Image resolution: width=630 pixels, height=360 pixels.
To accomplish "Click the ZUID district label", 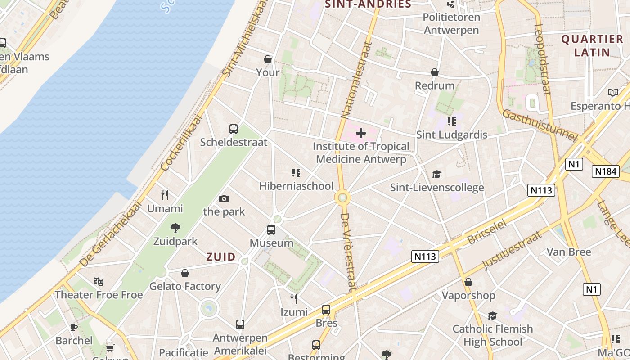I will click(220, 257).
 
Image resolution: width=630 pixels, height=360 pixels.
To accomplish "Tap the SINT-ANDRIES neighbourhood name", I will click(368, 4).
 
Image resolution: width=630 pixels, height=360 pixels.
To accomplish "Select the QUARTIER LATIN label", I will click(592, 45).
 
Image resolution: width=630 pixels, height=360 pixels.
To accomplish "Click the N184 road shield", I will click(606, 171).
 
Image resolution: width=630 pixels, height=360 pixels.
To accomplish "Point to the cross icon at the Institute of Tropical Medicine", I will click(361, 133).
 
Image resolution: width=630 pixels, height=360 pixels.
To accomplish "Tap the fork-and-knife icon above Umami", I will click(165, 195).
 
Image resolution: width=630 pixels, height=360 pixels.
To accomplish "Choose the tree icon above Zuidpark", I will click(175, 228).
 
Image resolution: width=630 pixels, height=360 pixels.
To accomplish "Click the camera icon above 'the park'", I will click(224, 198).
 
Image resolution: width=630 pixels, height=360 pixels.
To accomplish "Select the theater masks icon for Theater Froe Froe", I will click(99, 282).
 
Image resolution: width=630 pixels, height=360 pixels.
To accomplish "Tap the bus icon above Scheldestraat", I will click(234, 129).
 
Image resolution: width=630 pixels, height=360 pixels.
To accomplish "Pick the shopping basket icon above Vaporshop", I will click(468, 282).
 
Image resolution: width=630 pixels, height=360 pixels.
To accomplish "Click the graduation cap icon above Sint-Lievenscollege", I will click(436, 175).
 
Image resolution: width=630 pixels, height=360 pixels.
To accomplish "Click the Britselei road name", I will click(487, 232).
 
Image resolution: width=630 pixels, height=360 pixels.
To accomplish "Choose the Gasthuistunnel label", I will click(539, 125).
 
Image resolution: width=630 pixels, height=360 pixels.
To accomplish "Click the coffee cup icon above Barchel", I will click(74, 327).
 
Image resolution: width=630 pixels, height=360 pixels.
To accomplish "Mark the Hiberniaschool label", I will click(296, 186).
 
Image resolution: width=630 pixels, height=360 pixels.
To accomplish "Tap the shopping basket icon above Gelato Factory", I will click(185, 273).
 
